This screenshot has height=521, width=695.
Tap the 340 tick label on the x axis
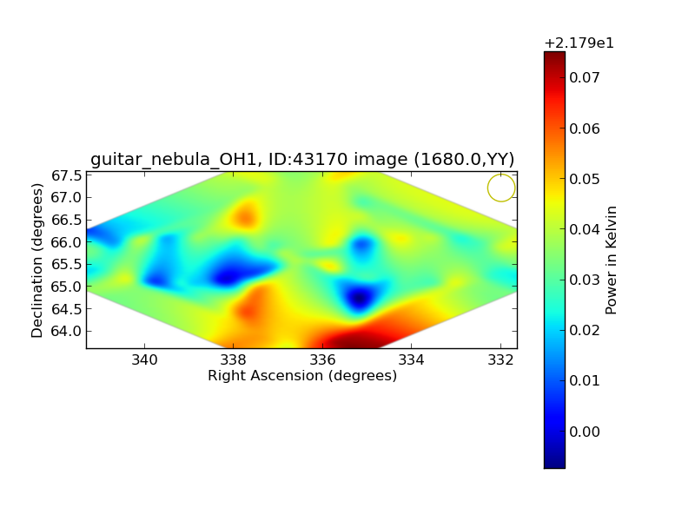[x=144, y=359]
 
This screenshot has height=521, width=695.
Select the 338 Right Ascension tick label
[x=233, y=359]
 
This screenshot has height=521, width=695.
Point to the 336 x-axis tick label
[x=322, y=359]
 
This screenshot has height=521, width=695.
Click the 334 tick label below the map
[x=411, y=359]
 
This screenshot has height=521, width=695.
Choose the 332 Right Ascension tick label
[x=500, y=359]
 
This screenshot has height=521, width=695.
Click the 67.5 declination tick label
[x=67, y=176]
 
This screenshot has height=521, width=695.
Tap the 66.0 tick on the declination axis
[x=67, y=242]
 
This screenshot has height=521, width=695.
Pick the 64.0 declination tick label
[x=67, y=331]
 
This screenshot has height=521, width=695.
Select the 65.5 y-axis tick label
[x=67, y=265]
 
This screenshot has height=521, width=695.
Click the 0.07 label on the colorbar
[x=584, y=78]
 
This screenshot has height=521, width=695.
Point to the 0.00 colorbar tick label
[x=584, y=432]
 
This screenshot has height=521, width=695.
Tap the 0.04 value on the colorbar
[x=584, y=229]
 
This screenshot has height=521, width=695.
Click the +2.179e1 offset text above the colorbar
[x=579, y=43]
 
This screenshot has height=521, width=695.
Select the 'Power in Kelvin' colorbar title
[x=611, y=260]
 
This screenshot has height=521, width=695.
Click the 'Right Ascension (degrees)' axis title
[x=302, y=376]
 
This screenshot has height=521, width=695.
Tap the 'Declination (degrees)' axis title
[x=36, y=260]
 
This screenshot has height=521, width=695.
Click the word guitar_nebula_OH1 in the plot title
[x=174, y=159]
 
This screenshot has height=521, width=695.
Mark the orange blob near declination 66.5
[x=245, y=216]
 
